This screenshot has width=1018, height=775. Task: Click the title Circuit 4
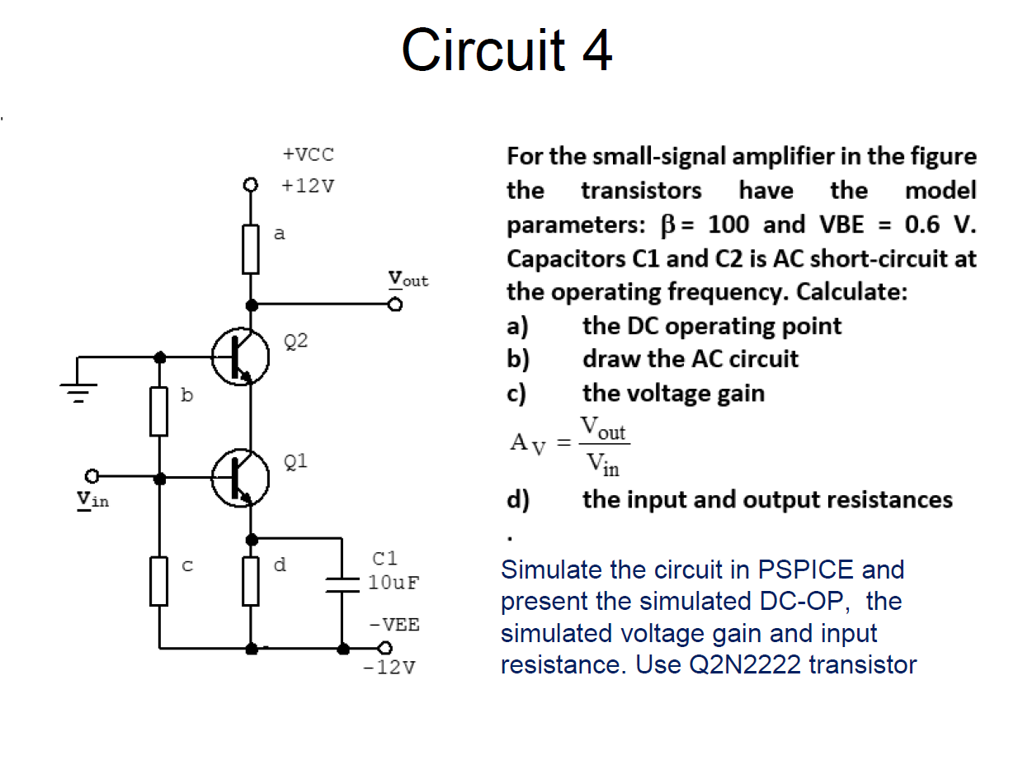pos(507,50)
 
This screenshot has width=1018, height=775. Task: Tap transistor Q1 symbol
pos(240,477)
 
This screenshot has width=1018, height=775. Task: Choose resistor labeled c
pos(159,581)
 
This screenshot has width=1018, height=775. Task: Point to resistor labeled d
pos(252,581)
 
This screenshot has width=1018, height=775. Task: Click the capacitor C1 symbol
pos(342,583)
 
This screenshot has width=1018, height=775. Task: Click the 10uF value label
pos(394,582)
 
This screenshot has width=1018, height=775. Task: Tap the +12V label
pos(308,185)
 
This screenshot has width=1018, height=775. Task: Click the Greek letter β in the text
pos(669,224)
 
